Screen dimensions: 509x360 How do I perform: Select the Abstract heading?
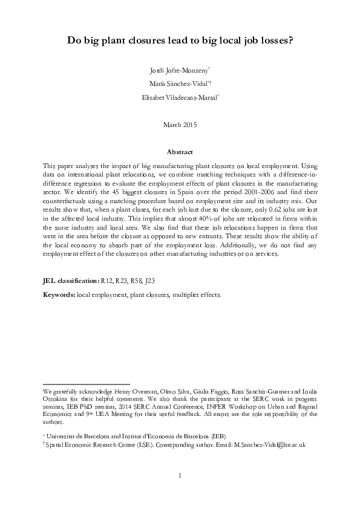pyautogui.click(x=180, y=152)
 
